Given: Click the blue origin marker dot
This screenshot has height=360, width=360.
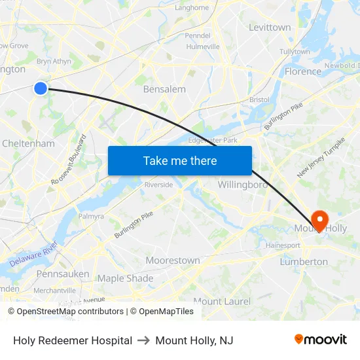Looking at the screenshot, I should coord(41,88).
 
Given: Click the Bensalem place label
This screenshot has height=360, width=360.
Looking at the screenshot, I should coord(164,89).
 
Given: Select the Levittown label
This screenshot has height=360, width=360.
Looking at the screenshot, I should coord(270,27).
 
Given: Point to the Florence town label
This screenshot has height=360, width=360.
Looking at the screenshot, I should coord(303,71).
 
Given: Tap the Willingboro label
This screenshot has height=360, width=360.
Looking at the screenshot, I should coord(243,185).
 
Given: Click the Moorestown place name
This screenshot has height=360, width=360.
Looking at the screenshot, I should coord(173,261).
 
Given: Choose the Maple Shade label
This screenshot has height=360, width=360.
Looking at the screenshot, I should coord(125,278).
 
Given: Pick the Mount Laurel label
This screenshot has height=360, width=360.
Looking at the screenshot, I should coord(222,301).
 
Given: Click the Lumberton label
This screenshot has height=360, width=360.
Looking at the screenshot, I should coord(304,262).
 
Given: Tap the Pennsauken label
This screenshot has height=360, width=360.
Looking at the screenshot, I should coord(63,274).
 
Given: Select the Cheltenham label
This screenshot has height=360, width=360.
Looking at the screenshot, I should coord(28,143).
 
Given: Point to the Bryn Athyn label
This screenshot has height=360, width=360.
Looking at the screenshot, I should coord(54,62).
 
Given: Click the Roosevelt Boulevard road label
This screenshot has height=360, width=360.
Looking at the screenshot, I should coord(68,159).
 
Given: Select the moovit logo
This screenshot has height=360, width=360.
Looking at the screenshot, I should coord(321,340).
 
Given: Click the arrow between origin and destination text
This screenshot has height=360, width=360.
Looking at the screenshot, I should coord(143,340).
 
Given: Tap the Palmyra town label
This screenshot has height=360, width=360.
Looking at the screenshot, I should coord(91,216).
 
